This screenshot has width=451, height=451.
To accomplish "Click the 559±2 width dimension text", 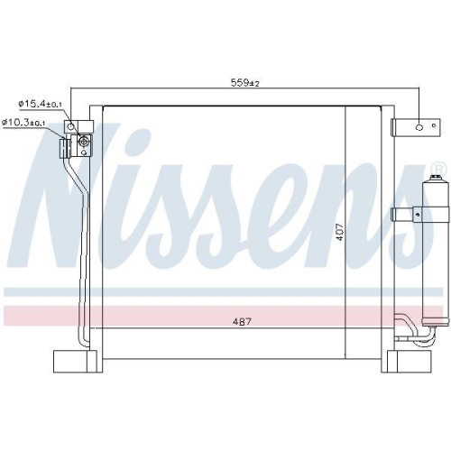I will coord(244,83).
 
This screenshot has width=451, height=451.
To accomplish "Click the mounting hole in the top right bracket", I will coord(418,129).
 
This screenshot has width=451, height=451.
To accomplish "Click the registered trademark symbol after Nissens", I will coord(438,170).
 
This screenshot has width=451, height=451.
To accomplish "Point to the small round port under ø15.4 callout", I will coord(78,126).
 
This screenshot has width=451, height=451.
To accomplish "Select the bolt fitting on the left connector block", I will coord(84,141).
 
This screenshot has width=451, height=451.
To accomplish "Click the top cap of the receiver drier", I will coord(429,183).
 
